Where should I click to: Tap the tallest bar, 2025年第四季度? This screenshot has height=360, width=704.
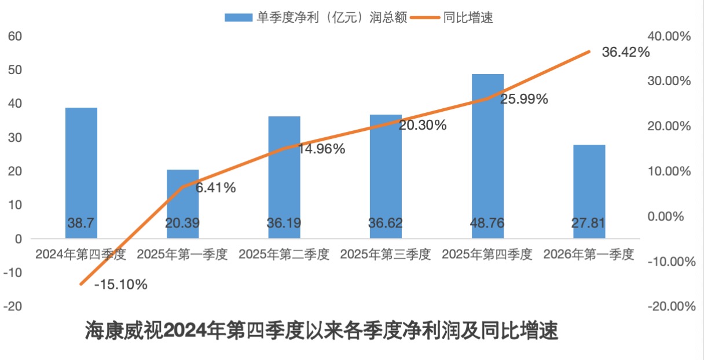pos(487,156)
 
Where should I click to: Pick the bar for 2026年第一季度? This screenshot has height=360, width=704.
pos(589,191)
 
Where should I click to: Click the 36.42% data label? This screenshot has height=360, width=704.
pos(625,53)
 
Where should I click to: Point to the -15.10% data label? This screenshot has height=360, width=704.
pos(120,285)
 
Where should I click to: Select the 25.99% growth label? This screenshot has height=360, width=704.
pos(524,99)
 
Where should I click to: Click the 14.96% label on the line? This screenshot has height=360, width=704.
pos(322,149)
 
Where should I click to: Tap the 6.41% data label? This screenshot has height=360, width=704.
pos(215,188)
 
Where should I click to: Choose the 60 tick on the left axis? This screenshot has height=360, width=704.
pos(15,36)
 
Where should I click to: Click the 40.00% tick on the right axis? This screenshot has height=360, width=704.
pos(670,36)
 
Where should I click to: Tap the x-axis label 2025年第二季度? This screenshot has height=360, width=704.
pos(284,254)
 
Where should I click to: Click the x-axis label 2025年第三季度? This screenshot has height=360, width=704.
pos(386,254)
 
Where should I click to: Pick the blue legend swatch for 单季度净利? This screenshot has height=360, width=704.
pos(239,18)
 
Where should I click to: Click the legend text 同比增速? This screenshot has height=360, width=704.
pos(468,18)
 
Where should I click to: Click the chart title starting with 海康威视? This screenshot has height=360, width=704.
pos(321,332)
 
